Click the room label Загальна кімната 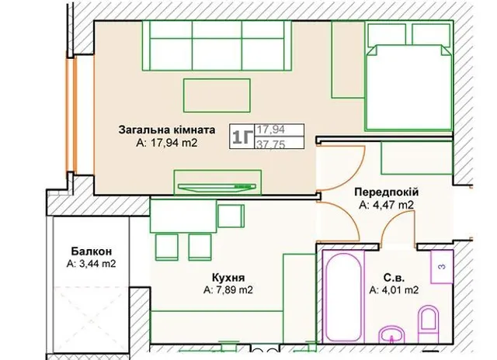(167, 130)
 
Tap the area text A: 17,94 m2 (167, 143)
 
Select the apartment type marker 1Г (242, 137)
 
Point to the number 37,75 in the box (271, 144)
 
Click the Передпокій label (387, 192)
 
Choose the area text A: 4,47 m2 (387, 205)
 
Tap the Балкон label (92, 251)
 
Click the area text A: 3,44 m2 (92, 264)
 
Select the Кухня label (228, 278)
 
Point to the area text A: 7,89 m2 (228, 289)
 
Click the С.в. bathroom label (394, 278)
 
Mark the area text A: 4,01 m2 (394, 289)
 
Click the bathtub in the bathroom (343, 296)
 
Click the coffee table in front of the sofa (217, 95)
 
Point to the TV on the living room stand (217, 187)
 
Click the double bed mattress (409, 87)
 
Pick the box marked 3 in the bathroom (442, 267)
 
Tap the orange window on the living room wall (71, 116)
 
